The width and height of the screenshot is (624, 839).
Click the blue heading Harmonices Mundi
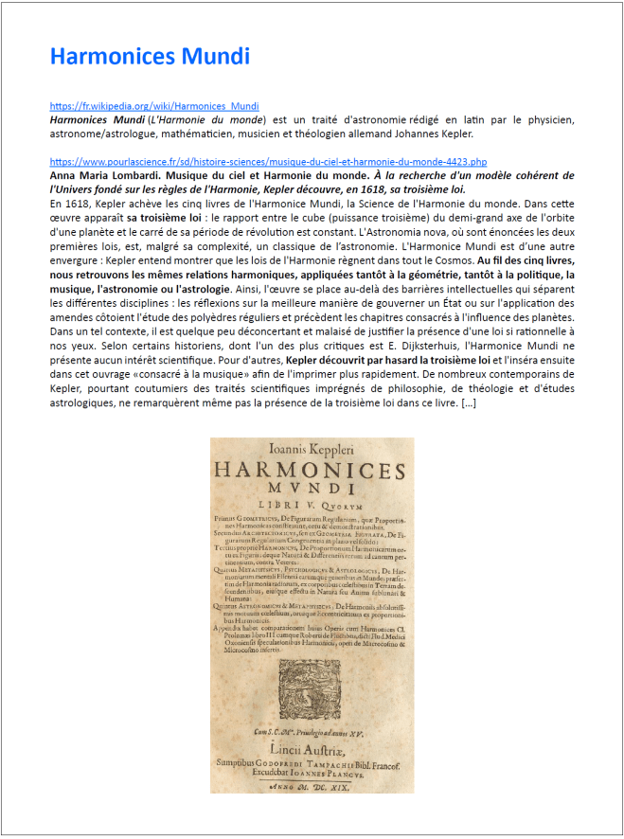(150, 57)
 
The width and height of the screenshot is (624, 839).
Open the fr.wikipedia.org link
(154, 107)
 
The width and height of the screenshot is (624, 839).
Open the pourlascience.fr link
(268, 163)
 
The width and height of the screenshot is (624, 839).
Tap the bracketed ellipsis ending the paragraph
(468, 405)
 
